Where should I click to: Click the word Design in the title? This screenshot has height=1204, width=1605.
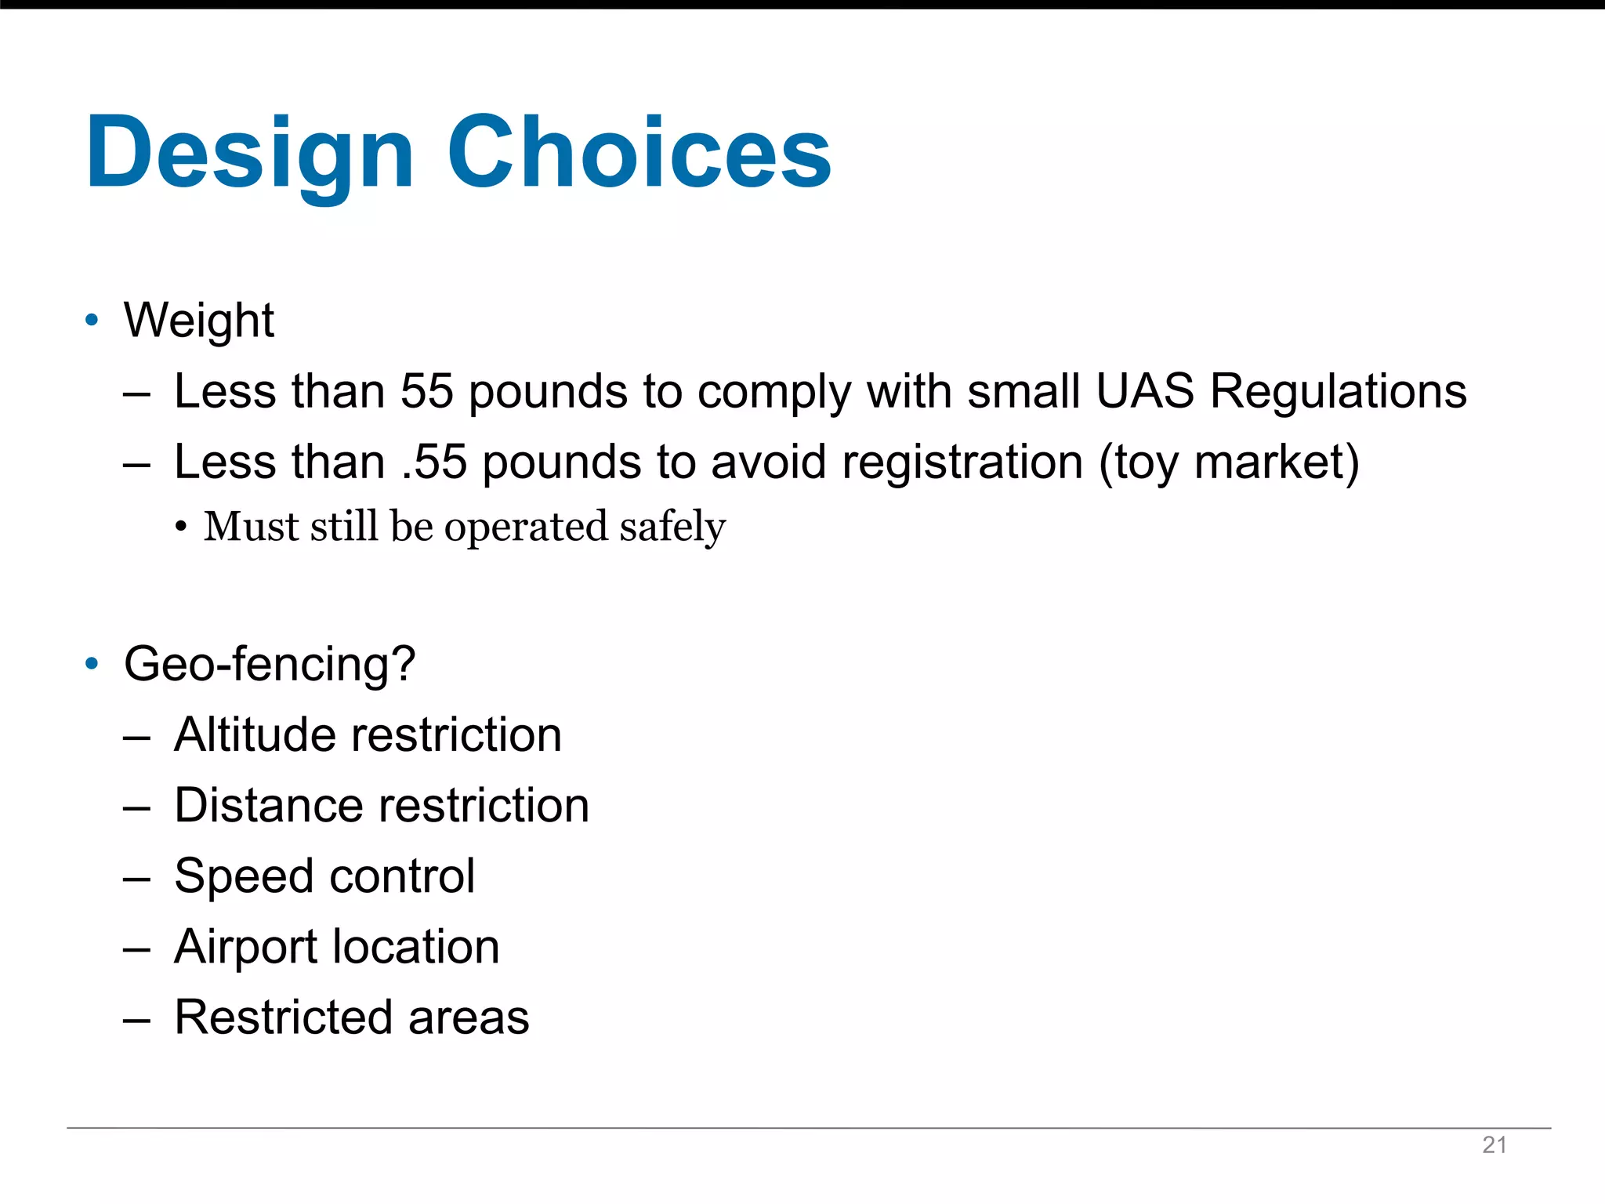(x=249, y=153)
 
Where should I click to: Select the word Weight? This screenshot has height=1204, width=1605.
(x=199, y=320)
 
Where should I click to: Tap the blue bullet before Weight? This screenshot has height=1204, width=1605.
(x=92, y=320)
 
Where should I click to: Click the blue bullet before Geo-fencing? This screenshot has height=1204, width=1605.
(x=92, y=664)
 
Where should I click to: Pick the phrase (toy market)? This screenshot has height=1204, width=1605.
(x=1229, y=462)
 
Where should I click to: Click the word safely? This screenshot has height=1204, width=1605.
(x=672, y=527)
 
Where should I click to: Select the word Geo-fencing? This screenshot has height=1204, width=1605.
(x=270, y=665)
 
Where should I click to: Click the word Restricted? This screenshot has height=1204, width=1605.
(x=283, y=1017)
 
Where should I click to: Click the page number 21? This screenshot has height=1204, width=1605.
(x=1494, y=1145)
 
